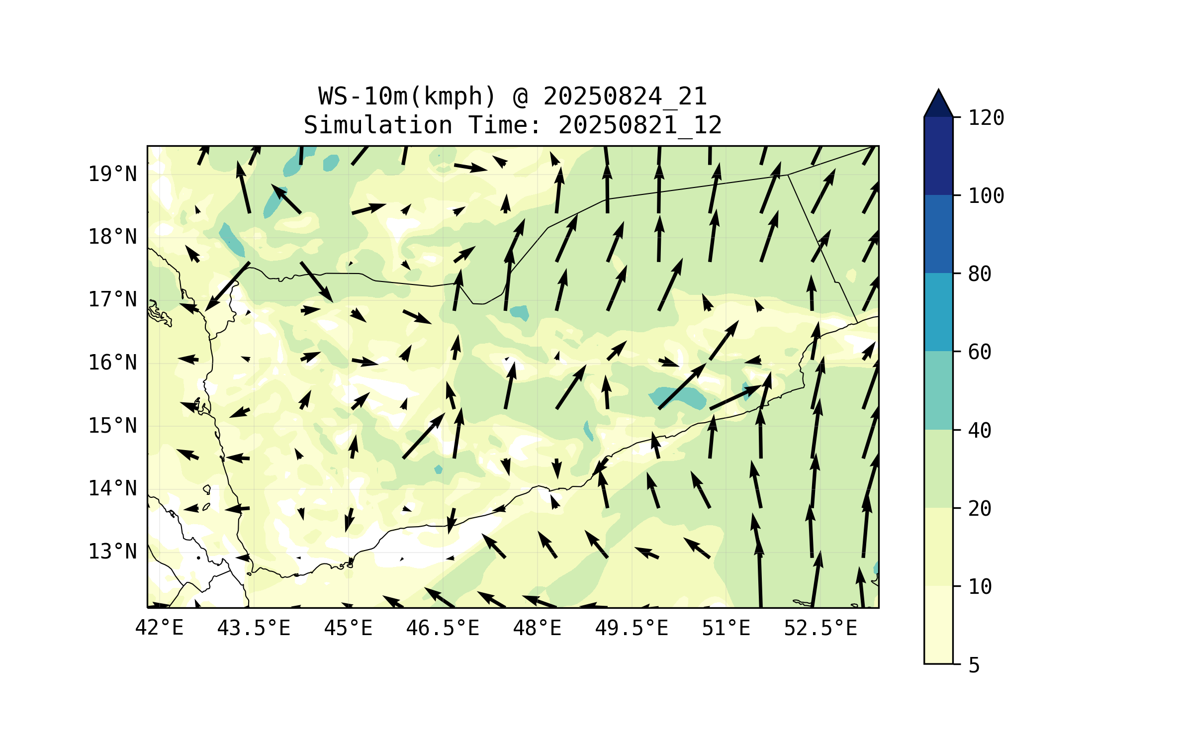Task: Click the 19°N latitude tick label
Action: pyautogui.click(x=112, y=175)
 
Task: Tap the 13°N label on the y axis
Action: pyautogui.click(x=112, y=552)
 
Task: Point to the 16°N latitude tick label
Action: pyautogui.click(x=112, y=363)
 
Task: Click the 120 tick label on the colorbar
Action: pyautogui.click(x=986, y=118)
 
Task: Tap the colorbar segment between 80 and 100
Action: pyautogui.click(x=938, y=234)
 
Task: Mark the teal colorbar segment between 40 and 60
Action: pyautogui.click(x=938, y=390)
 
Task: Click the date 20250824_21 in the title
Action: pyautogui.click(x=625, y=96)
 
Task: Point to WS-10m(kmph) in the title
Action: pyautogui.click(x=407, y=96)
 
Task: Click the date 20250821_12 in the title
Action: pyautogui.click(x=640, y=125)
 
